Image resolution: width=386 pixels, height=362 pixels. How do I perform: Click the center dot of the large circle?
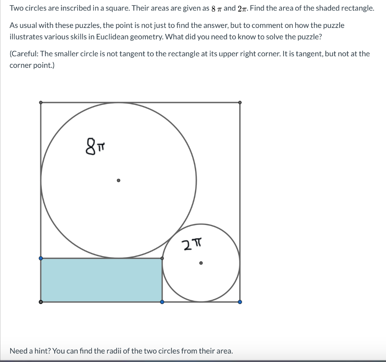(118, 180)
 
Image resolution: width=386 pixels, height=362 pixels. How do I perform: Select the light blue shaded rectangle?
(101, 280)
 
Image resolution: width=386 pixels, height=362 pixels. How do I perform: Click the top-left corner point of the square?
(41, 102)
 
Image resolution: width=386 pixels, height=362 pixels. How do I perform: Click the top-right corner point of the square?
(240, 102)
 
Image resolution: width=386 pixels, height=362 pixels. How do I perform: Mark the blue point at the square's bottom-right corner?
(240, 302)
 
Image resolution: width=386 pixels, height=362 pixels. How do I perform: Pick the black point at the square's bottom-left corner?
(41, 302)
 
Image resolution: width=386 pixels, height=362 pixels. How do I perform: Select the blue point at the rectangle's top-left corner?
(41, 258)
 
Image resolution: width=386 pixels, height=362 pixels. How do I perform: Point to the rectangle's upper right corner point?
(162, 258)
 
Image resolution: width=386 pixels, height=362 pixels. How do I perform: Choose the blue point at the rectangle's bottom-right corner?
(162, 302)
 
